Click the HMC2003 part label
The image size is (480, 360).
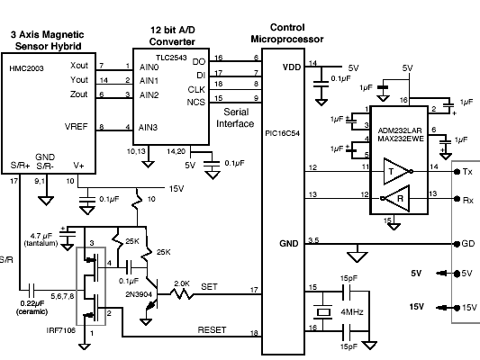point(26,67)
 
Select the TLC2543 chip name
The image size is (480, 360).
point(171,58)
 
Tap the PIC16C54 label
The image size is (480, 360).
point(282,133)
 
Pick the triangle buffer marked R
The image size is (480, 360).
point(395,199)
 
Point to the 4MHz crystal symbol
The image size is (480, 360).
point(323,312)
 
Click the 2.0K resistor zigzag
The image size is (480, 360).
point(182,294)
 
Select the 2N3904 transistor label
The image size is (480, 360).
point(139,294)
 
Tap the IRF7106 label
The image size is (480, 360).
point(60,330)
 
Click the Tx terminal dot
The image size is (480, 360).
point(457,172)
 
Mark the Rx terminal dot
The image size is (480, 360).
point(457,199)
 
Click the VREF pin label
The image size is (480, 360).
point(76,126)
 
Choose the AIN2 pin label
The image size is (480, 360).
point(149,95)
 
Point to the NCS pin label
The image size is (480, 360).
point(196,102)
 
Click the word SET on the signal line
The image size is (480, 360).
point(209,286)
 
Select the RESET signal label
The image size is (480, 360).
point(212,330)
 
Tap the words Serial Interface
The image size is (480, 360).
point(235,118)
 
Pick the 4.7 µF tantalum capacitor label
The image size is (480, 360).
point(41,239)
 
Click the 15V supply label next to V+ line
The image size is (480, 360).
point(177,189)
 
